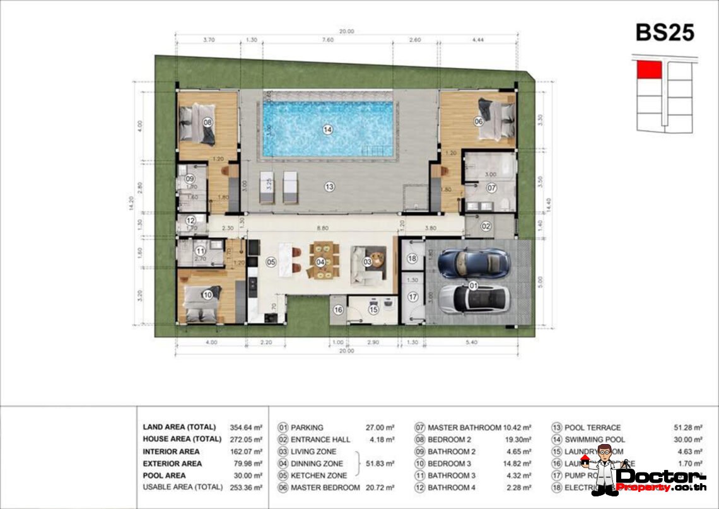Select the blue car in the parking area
click(472, 262)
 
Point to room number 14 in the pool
click(327, 129)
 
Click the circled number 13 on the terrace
click(329, 186)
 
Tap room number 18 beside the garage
click(412, 259)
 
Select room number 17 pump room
click(412, 296)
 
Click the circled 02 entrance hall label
click(486, 226)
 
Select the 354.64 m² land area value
click(245, 427)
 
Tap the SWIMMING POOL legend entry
click(594, 440)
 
